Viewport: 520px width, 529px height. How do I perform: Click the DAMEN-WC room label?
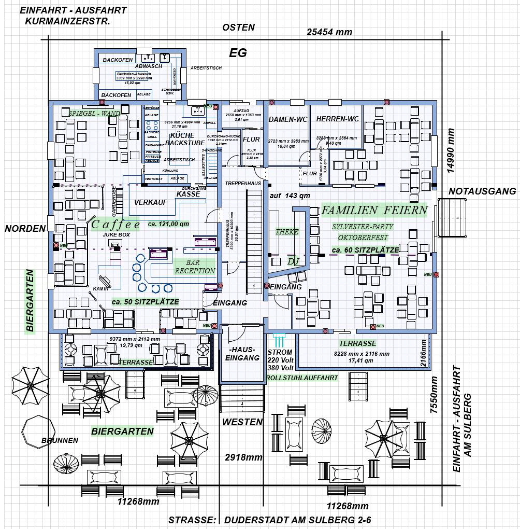[x=288, y=119]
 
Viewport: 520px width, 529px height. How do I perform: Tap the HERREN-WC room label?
[x=337, y=119]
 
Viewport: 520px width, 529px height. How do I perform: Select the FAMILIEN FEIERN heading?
[x=374, y=210]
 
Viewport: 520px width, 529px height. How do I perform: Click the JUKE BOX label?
[x=116, y=235]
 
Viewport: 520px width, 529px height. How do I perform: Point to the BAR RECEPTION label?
[x=195, y=267]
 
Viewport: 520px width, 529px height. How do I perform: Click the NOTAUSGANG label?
[x=482, y=191]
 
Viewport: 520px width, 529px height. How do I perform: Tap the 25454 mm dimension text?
[x=329, y=32]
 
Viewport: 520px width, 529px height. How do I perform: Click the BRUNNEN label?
[x=60, y=440]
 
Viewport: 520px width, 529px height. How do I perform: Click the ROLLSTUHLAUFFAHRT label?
[x=302, y=378]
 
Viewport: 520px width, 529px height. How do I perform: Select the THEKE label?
[x=287, y=232]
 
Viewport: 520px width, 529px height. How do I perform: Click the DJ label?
[x=293, y=261]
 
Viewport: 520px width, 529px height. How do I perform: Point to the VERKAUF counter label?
[x=151, y=202]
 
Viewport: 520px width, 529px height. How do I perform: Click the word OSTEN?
[x=238, y=27]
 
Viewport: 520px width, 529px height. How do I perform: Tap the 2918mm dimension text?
[x=243, y=457]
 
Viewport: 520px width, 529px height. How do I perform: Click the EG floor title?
[x=238, y=52]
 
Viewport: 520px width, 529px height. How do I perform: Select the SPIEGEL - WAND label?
[x=94, y=113]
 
